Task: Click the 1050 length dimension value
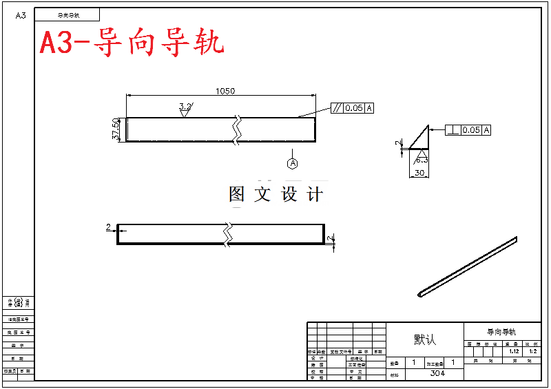click(225, 91)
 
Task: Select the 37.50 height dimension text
click(116, 129)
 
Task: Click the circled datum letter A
click(293, 163)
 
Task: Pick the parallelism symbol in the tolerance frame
click(337, 108)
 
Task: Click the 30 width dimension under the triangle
click(418, 174)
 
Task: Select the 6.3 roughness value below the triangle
click(421, 160)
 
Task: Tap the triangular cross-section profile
click(421, 139)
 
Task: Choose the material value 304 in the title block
click(437, 373)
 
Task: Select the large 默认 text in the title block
click(425, 340)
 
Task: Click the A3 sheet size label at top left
click(21, 15)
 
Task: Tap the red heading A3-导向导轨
click(132, 43)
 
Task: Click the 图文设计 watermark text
click(275, 194)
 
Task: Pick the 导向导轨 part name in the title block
click(502, 332)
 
